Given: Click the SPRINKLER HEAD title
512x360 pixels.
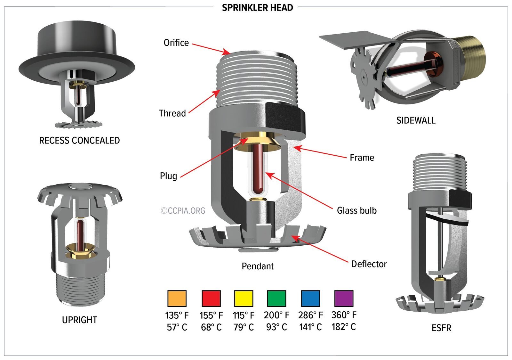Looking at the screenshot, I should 257,7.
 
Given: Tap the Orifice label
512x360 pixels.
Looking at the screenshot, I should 176,43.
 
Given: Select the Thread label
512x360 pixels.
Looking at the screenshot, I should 172,113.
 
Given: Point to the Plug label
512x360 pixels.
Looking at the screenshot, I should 168,176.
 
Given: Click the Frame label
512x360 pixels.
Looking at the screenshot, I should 362,158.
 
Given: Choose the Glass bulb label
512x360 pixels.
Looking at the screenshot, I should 356,210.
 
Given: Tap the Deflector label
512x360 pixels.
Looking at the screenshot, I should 369,264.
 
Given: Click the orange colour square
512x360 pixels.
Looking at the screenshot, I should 177,299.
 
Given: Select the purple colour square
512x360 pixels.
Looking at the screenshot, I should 344,299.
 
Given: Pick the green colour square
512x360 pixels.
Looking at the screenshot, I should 276,299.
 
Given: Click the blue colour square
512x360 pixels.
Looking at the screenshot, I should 310,299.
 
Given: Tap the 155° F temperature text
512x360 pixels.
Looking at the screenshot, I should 211,315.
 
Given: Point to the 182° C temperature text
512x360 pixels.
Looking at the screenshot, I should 344,327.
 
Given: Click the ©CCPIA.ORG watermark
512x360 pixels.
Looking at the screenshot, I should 183,211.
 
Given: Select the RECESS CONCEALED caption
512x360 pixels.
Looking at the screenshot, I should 79,140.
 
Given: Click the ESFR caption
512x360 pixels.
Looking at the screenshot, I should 441,328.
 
